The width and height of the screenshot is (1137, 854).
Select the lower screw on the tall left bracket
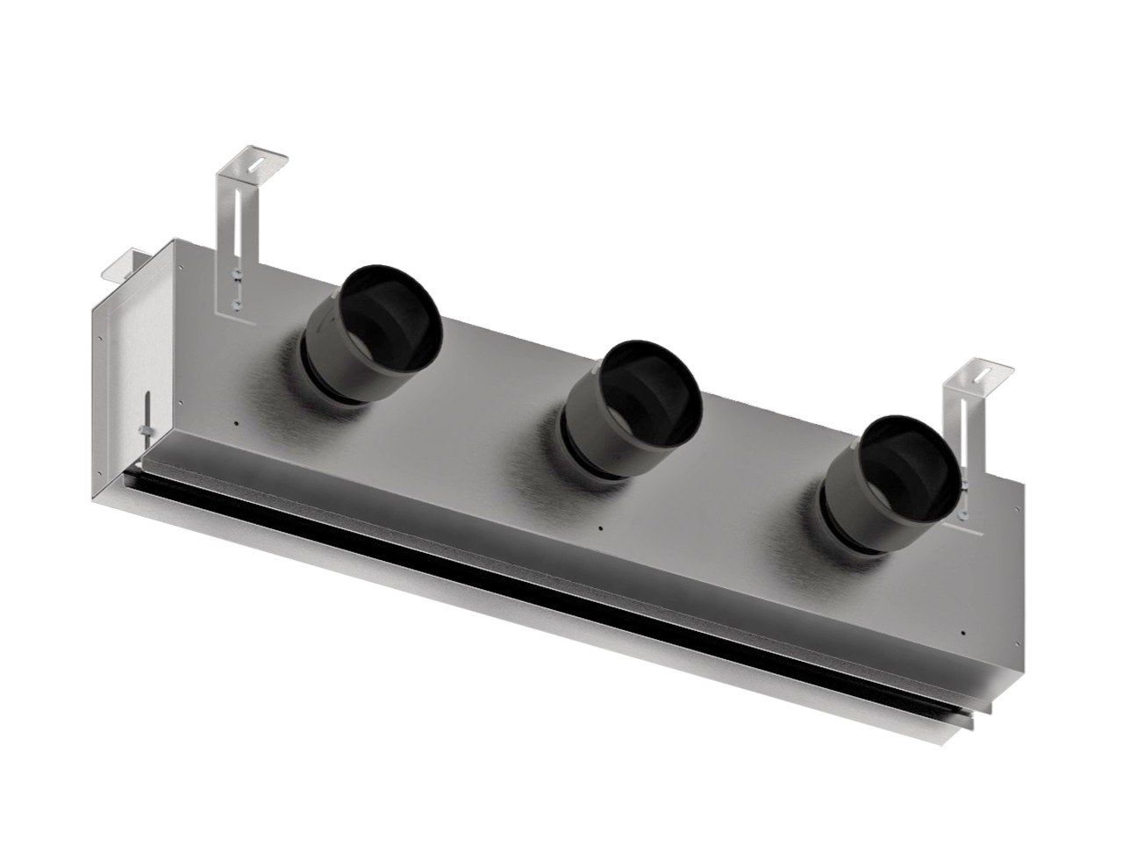[237, 305]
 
